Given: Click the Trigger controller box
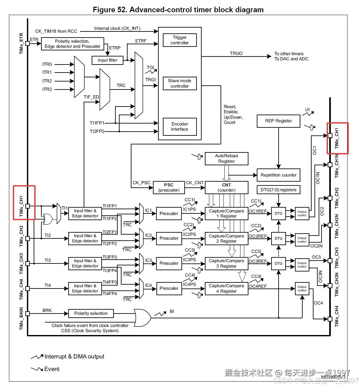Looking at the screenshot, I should click(180, 40).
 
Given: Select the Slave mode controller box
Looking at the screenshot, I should click(180, 83).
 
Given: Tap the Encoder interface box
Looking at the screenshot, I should click(180, 126).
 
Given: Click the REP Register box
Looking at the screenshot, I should click(278, 121).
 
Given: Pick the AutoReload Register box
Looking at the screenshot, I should click(226, 159).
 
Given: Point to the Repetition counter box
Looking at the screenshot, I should click(278, 175).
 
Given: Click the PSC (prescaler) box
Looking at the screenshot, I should click(169, 187).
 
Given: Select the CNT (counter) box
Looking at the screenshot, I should click(226, 187).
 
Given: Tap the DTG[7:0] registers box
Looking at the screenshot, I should click(278, 190).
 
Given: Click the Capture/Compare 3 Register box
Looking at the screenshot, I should click(226, 263).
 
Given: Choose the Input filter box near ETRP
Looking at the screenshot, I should click(107, 60).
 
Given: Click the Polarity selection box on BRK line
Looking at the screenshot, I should click(91, 314).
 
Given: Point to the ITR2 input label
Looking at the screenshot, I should click(47, 81).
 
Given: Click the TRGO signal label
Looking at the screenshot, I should click(236, 53).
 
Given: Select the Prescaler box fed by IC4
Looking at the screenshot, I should click(169, 288).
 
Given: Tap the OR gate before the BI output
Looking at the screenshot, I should click(142, 318).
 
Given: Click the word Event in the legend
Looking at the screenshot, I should click(52, 369).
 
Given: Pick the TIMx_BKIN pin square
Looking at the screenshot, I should click(28, 314).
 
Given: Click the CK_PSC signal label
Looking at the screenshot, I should click(141, 183).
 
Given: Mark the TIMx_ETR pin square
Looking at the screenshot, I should click(28, 43).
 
